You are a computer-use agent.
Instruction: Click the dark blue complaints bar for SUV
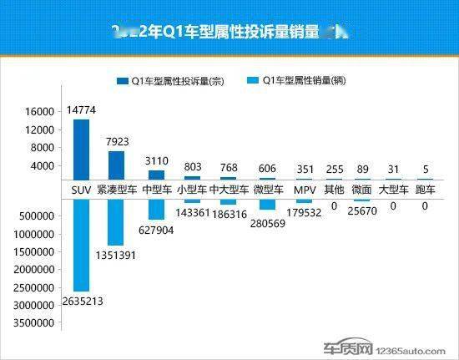(x=81, y=149)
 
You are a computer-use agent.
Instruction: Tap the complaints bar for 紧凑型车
(x=118, y=165)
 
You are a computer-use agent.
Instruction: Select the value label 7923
(x=118, y=141)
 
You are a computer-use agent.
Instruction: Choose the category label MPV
(x=303, y=190)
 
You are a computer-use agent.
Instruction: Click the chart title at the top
(x=229, y=33)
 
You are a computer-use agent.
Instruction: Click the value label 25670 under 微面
(x=361, y=215)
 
